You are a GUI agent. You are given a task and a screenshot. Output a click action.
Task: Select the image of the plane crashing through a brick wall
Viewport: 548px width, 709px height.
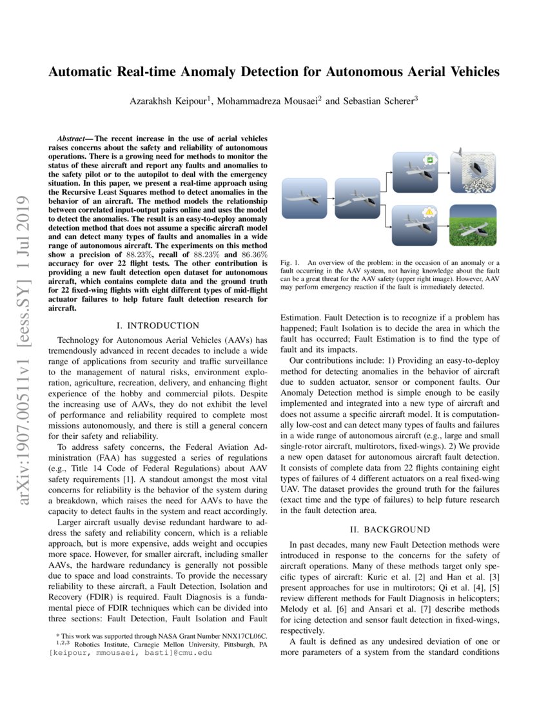pos(473,171)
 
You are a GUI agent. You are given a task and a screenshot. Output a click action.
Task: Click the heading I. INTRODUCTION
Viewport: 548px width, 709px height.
pos(158,326)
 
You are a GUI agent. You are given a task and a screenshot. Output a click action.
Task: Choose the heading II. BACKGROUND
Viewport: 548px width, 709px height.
pos(389,530)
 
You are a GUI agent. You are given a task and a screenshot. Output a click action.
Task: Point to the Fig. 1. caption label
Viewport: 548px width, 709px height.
pos(291,263)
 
